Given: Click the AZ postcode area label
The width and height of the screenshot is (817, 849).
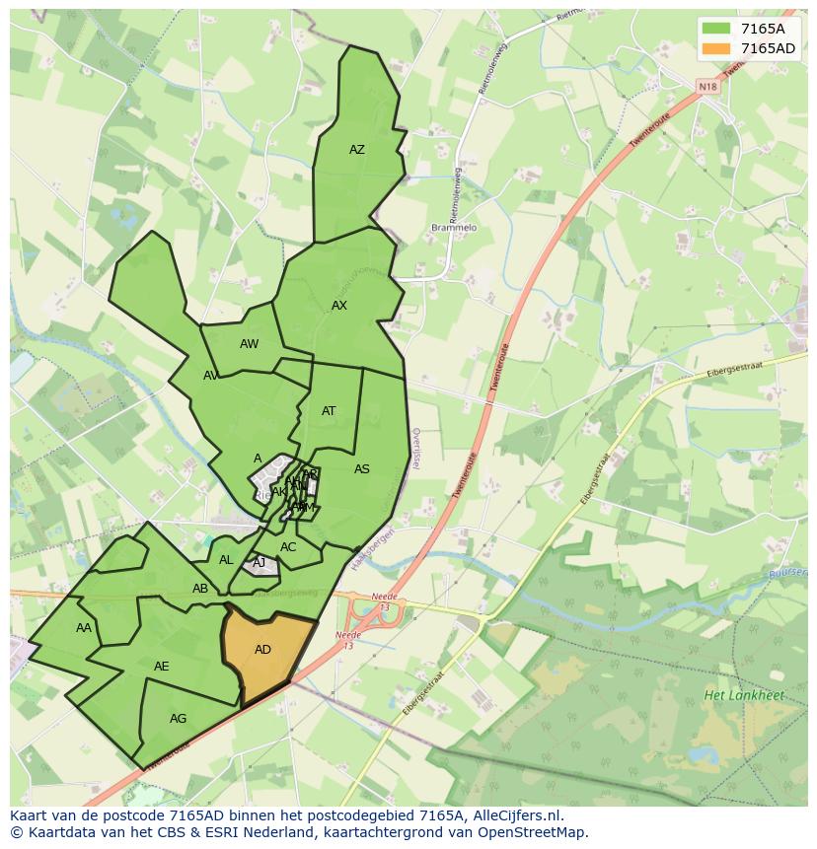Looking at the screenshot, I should click(x=357, y=150).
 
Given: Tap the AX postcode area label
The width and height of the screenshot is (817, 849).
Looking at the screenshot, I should click(x=339, y=306).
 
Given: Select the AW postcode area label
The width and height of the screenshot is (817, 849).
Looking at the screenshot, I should click(x=249, y=344).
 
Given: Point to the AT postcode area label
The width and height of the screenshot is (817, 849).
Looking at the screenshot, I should click(x=329, y=411).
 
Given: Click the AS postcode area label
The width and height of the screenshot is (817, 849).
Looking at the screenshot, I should click(x=362, y=469).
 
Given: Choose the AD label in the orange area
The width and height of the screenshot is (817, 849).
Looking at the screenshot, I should click(x=262, y=650).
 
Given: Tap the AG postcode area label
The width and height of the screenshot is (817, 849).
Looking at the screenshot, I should click(x=178, y=719).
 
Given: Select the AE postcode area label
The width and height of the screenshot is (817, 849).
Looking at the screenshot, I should click(x=162, y=667).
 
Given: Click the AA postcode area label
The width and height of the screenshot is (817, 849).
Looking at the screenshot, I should click(x=84, y=628).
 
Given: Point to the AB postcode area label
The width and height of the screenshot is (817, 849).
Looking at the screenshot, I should click(x=200, y=589).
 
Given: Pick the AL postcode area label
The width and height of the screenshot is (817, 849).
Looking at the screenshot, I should click(x=226, y=560).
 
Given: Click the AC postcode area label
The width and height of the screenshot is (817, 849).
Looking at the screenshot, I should click(x=288, y=547).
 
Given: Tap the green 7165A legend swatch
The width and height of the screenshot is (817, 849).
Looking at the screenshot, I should click(x=716, y=28).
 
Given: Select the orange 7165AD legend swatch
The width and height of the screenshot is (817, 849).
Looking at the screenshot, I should click(x=716, y=48).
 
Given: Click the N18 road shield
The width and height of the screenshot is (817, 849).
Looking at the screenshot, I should click(x=707, y=87).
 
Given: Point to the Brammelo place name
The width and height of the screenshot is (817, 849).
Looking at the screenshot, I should click(x=454, y=228).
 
